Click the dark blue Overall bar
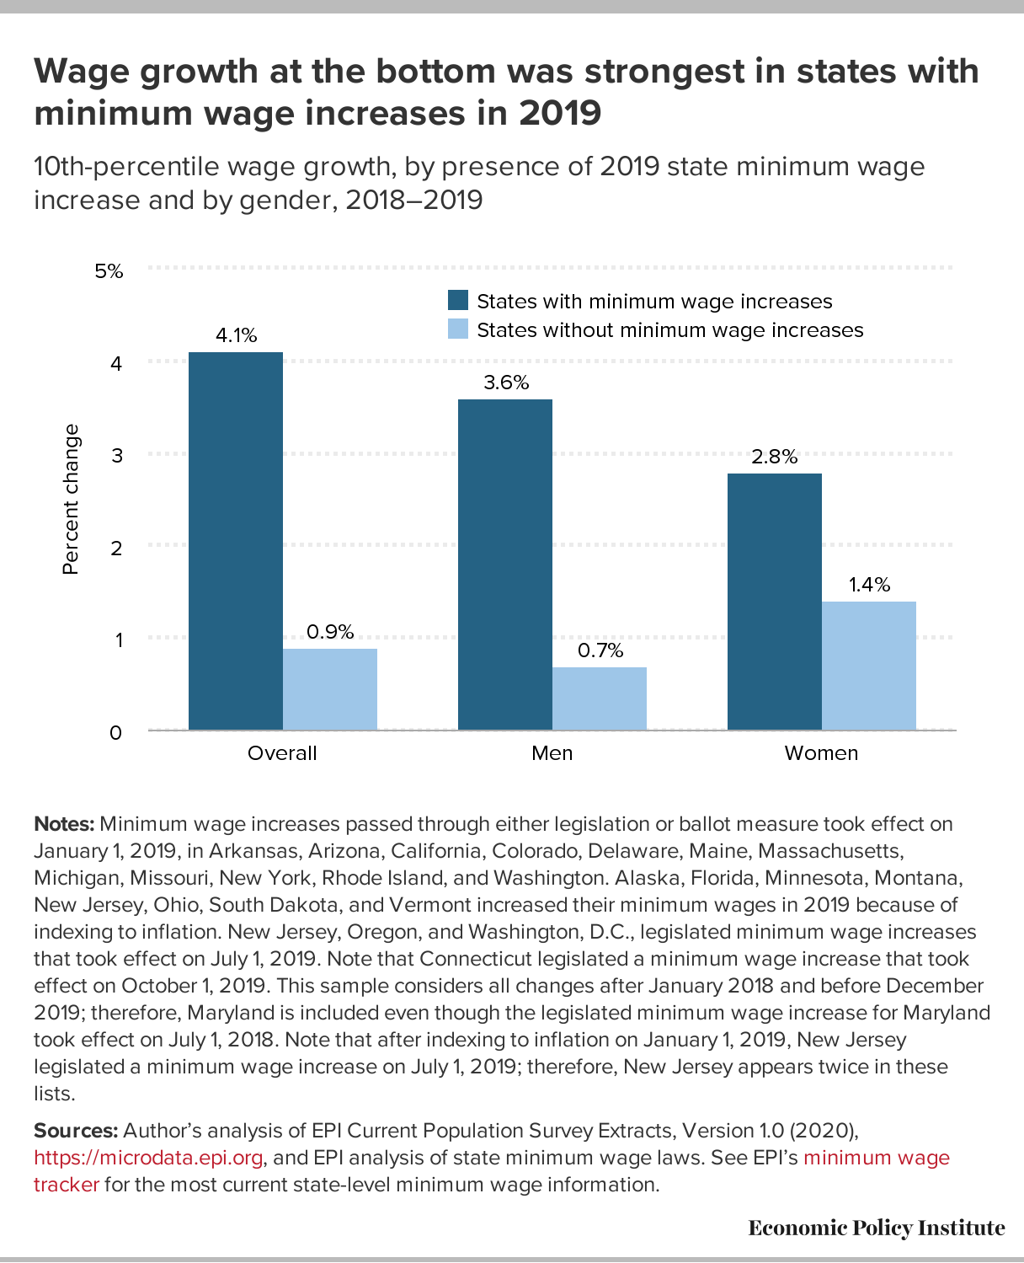(235, 541)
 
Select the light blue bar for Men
(599, 698)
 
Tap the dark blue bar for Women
(775, 602)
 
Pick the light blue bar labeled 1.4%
(869, 666)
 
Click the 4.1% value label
(236, 335)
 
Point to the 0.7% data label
(600, 650)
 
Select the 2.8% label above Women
(775, 457)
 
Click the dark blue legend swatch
(458, 300)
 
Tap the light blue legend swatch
(458, 329)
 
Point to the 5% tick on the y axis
(109, 271)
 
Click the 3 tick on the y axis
(117, 455)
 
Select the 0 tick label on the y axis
(116, 733)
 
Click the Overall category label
(282, 753)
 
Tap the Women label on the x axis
(821, 753)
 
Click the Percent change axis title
(71, 500)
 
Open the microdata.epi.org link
(148, 1158)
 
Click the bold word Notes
(64, 824)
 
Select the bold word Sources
(76, 1131)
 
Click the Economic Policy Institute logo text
(877, 1228)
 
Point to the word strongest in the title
(680, 72)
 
